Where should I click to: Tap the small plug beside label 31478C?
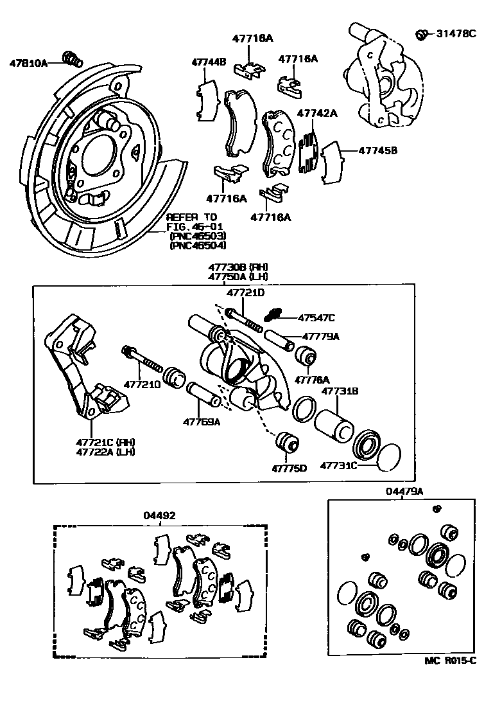[422, 34]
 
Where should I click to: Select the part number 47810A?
[28, 63]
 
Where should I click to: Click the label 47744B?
[209, 62]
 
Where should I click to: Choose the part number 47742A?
[317, 113]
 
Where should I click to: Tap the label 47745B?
[377, 151]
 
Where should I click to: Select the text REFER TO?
[192, 217]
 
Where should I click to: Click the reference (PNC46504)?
[198, 245]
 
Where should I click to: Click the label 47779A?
[320, 336]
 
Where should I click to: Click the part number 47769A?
[201, 422]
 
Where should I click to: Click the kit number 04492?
[159, 515]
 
